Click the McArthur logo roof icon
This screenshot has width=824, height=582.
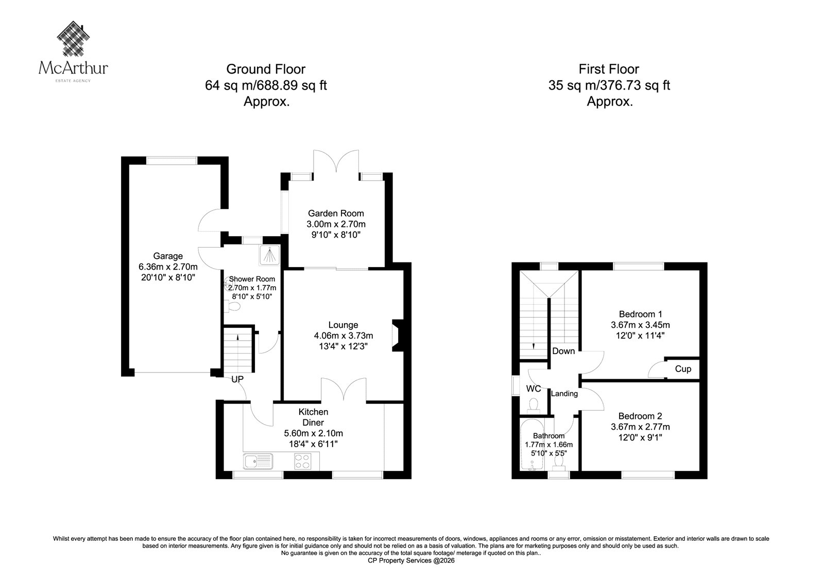click(74, 39)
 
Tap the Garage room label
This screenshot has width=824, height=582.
click(168, 256)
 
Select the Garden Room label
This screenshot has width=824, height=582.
click(336, 213)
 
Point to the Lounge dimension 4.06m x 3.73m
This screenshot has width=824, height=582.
click(343, 336)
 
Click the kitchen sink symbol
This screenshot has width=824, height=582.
click(258, 462)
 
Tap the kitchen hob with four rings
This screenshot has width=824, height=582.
click(302, 462)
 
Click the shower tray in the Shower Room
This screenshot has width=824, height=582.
click(270, 255)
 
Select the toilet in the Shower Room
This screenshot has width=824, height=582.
click(231, 306)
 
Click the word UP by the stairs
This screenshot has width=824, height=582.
click(237, 379)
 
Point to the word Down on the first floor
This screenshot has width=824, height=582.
click(563, 351)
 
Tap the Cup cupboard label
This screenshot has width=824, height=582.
click(683, 369)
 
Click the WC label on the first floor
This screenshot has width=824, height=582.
click(534, 389)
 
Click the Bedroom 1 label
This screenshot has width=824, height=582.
click(641, 314)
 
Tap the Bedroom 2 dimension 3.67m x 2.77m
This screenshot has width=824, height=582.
click(641, 427)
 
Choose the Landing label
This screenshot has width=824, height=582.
click(564, 394)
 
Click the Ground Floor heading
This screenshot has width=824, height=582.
click(266, 69)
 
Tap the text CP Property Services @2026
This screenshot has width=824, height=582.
click(411, 561)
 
